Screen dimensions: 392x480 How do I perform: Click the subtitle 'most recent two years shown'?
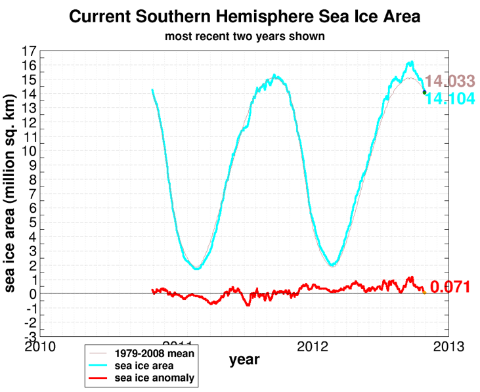tap(244, 36)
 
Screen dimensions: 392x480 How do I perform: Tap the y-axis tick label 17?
tap(29, 51)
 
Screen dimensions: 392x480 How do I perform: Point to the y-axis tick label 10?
tap(29, 150)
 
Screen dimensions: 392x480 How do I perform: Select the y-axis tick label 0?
tap(33, 294)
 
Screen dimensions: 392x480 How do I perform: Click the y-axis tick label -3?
tap(30, 336)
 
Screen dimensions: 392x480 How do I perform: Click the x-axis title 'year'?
tap(244, 360)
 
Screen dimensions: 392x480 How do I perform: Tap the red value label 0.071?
tap(450, 287)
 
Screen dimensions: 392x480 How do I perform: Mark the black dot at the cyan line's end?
tap(424, 93)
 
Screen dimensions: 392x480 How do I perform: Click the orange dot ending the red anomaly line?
tap(424, 292)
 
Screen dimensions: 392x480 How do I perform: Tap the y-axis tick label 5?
tap(33, 222)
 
